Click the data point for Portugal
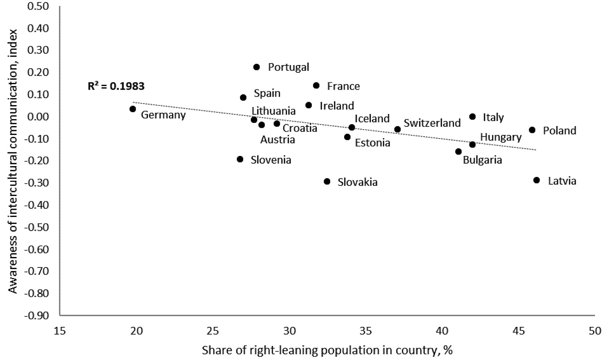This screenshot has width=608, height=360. point(257,67)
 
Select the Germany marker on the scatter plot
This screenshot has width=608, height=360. point(133,109)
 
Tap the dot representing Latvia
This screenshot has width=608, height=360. point(536,180)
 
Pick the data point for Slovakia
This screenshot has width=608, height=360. point(327,182)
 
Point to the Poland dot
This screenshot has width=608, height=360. point(532,130)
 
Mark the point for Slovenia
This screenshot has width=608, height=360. point(240,159)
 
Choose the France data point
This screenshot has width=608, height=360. point(316,86)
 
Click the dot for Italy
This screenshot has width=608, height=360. point(472,117)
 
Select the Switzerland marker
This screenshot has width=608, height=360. point(398,129)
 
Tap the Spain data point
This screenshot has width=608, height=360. point(243,97)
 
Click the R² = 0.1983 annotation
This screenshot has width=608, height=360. point(116,86)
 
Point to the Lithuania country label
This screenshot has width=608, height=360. point(273,111)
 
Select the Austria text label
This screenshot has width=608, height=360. point(278,140)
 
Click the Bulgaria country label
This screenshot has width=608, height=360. point(482,160)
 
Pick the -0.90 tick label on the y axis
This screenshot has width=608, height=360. point(38,315)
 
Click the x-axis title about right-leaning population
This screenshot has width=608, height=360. point(327,350)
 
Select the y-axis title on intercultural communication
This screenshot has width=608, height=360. point(13,161)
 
